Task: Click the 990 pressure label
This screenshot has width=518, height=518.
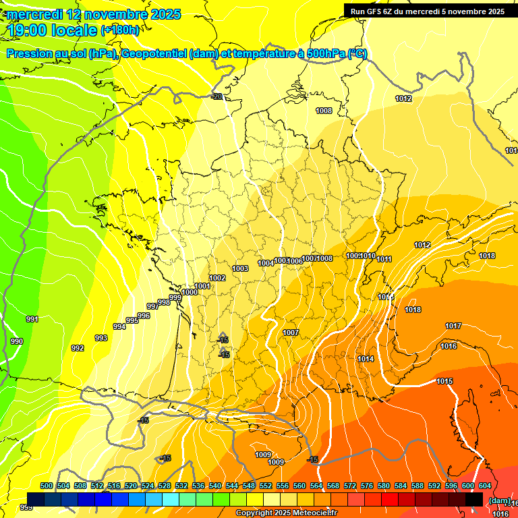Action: click(17, 341)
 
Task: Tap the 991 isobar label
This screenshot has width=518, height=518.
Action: click(32, 319)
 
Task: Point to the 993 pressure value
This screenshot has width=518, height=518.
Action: click(100, 338)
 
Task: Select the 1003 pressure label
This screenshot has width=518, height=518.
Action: click(240, 268)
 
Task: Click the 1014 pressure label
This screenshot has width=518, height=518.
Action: click(366, 359)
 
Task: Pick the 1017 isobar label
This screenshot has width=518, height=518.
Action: click(453, 326)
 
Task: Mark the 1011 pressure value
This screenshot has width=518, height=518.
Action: click(384, 259)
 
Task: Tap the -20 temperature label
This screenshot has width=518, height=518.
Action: click(217, 96)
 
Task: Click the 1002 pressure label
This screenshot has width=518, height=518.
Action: click(217, 278)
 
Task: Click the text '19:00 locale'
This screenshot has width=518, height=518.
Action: click(52, 30)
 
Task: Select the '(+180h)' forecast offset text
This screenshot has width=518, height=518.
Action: click(120, 30)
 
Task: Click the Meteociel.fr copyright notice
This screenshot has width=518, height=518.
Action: click(286, 513)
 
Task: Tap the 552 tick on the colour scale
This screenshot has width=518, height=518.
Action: click(266, 486)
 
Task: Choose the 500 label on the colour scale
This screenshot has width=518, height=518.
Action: click(47, 486)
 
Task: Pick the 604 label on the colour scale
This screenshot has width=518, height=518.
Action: click(484, 486)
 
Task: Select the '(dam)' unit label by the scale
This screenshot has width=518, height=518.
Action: click(499, 500)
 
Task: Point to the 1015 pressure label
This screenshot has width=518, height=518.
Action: click(444, 381)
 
